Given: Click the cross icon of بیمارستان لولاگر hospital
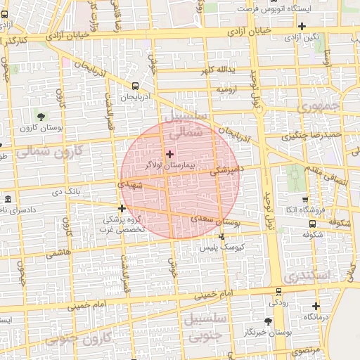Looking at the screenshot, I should [x=169, y=153].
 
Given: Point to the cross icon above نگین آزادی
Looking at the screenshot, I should [x=301, y=26].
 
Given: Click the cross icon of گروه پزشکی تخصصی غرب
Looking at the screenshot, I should [x=122, y=208].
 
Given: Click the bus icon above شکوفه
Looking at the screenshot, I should [x=312, y=224].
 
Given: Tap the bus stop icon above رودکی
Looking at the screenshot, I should [x=279, y=291].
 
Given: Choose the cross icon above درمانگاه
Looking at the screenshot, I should [x=316, y=306].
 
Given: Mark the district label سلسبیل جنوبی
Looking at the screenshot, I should [x=205, y=326].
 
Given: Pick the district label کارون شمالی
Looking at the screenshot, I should [x=49, y=150].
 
